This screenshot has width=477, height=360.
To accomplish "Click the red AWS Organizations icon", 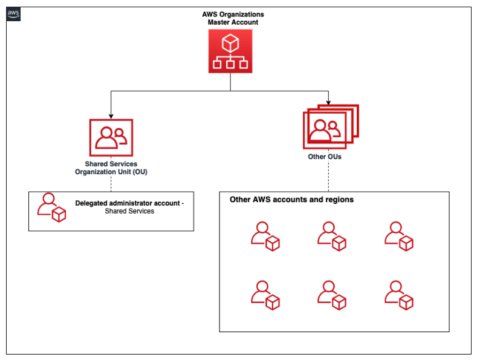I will [230, 52].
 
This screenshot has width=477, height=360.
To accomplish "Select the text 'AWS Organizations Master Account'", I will [233, 18].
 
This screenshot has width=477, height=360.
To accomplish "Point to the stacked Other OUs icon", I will [330, 127].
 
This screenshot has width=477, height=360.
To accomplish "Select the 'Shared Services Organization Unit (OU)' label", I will [111, 168].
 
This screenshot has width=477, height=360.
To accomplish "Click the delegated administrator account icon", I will [51, 208].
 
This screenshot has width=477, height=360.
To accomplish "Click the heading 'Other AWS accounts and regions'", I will [291, 199].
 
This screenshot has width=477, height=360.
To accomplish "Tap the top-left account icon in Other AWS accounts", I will [265, 236].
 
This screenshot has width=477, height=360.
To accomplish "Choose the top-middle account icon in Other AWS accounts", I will [332, 236].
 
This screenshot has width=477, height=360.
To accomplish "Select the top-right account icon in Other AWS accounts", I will [399, 236].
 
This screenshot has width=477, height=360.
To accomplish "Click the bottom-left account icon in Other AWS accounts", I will [265, 295].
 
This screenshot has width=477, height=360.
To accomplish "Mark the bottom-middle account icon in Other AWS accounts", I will [332, 295].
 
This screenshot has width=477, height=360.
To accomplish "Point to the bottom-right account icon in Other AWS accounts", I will [399, 295].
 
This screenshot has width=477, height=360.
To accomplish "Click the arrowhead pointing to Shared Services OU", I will [111, 114].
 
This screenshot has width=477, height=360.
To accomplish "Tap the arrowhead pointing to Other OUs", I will [328, 100].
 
